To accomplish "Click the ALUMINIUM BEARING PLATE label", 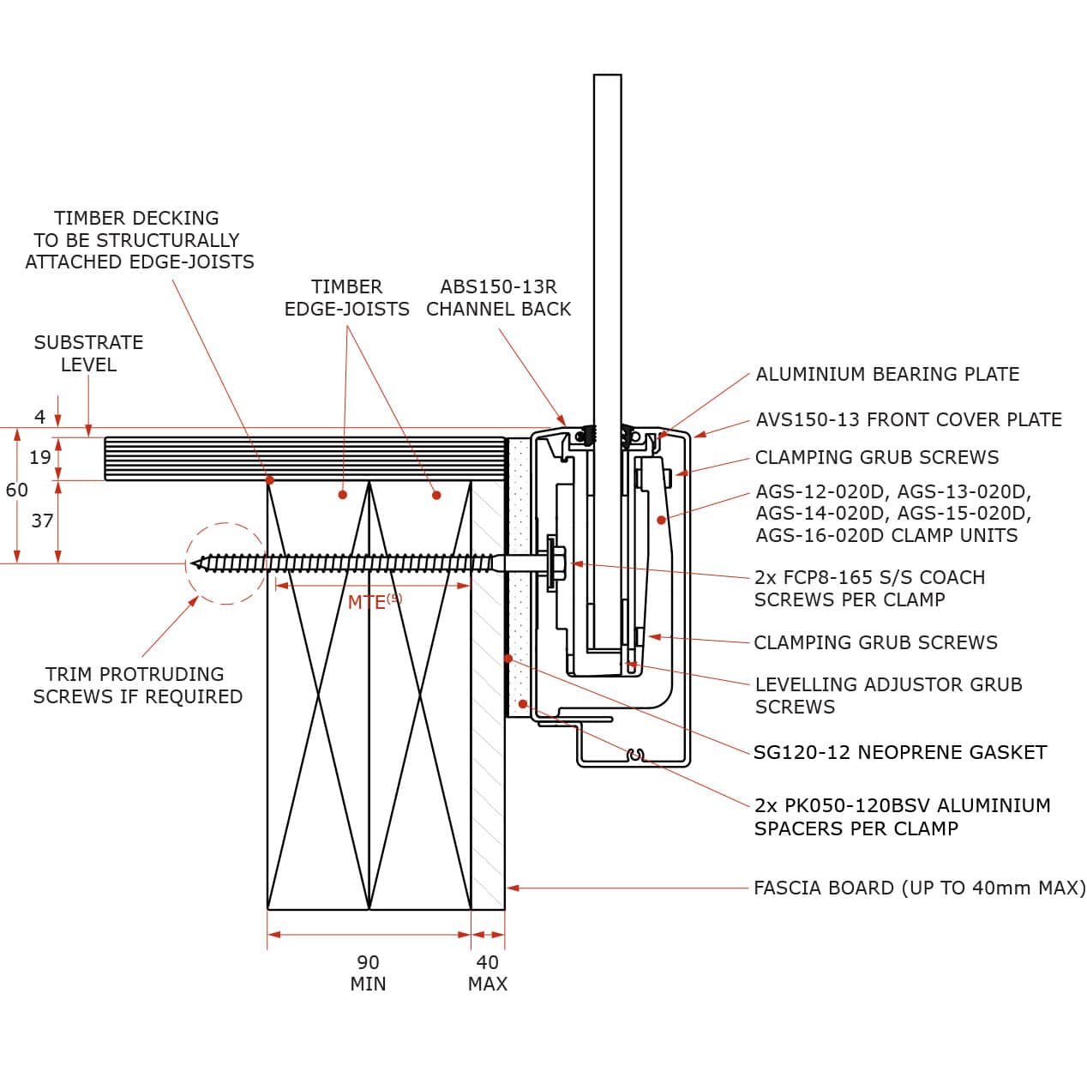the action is [x=886, y=374].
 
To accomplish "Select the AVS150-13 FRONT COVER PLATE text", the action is [x=908, y=419].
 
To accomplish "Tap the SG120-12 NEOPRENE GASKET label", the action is [x=900, y=752].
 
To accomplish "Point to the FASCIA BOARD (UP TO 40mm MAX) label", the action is [x=920, y=888].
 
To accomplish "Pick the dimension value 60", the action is [x=17, y=490].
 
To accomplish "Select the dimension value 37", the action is [x=42, y=521].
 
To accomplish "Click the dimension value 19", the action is [x=40, y=457].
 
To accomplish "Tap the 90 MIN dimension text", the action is [x=368, y=973].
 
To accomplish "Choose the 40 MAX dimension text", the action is [x=488, y=973].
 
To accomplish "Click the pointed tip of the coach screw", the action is [x=191, y=563].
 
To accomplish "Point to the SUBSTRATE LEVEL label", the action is [x=88, y=353].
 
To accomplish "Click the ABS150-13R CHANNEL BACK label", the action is [x=499, y=298].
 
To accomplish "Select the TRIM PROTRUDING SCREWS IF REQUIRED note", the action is [x=137, y=685].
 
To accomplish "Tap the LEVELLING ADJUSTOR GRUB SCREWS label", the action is [x=888, y=696].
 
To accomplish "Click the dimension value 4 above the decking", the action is [x=39, y=417].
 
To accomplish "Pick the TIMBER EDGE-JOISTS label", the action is [x=346, y=298].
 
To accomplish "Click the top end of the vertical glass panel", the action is [x=608, y=75].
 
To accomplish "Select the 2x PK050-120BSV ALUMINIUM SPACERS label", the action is [x=902, y=816].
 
